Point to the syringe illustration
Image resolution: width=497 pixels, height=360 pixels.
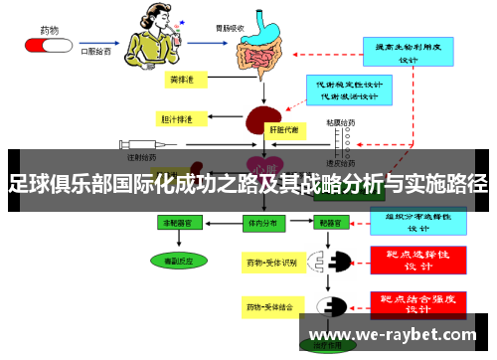point(144,144)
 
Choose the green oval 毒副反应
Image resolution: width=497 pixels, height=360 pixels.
point(173,261)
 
